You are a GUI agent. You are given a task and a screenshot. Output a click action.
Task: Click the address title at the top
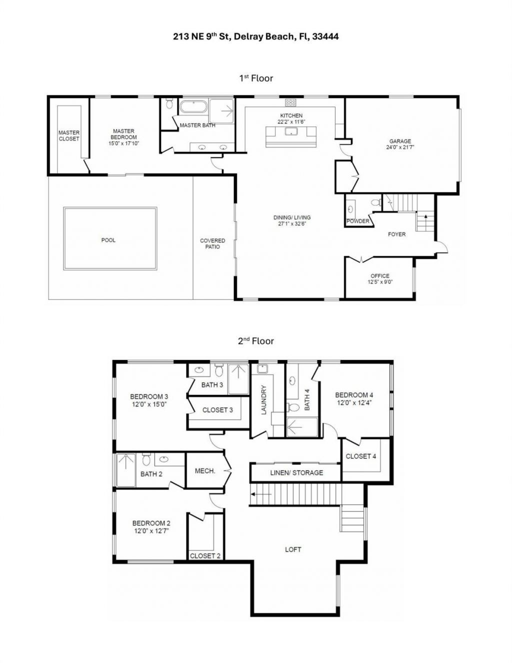click(255, 36)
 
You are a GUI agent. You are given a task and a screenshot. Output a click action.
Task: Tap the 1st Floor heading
click(255, 78)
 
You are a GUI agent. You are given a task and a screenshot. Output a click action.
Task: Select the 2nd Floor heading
click(255, 341)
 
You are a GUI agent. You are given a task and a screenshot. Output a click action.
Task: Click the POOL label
click(108, 240)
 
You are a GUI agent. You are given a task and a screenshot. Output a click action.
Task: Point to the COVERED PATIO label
click(212, 243)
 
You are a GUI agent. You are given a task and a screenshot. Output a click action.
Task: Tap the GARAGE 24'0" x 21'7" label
click(400, 144)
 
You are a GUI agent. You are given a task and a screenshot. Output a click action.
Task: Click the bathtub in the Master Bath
click(193, 107)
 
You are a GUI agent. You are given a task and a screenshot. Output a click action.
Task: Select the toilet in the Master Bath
click(169, 104)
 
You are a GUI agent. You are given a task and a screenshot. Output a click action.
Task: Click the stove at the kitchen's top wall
click(290, 102)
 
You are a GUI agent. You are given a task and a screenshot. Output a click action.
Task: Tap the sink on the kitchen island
click(290, 132)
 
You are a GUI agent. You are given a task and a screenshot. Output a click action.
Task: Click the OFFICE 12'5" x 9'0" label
click(380, 279)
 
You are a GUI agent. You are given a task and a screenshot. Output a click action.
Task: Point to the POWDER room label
click(358, 221)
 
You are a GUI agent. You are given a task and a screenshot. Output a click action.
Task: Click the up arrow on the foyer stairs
click(425, 217)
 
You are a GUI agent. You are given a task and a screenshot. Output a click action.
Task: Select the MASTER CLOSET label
click(69, 135)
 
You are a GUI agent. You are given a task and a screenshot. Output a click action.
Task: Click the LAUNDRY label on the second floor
click(264, 400)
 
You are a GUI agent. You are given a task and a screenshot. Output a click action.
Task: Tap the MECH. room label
click(205, 471)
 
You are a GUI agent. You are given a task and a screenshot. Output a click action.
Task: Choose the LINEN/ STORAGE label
click(296, 472)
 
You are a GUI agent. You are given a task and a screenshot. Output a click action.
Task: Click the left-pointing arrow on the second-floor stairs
click(261, 494)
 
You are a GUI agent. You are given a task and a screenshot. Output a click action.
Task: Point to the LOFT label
click(293, 549)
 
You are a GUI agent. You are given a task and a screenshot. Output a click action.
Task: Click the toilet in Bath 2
click(146, 459)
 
